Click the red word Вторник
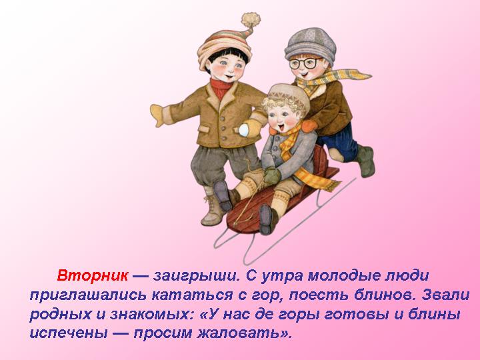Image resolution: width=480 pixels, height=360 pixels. click(x=92, y=275)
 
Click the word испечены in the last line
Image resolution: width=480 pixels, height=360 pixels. click(x=65, y=333)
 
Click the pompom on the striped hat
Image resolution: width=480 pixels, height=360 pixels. click(x=250, y=20)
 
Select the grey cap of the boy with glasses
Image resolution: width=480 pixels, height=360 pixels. click(x=308, y=42)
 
